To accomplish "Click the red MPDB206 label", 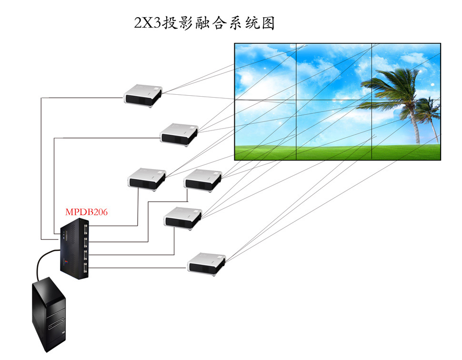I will click(86, 212).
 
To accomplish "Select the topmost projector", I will click(143, 95).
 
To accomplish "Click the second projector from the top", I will click(179, 133).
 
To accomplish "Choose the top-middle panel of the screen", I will click(333, 71).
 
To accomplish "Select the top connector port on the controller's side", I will click(86, 230).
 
